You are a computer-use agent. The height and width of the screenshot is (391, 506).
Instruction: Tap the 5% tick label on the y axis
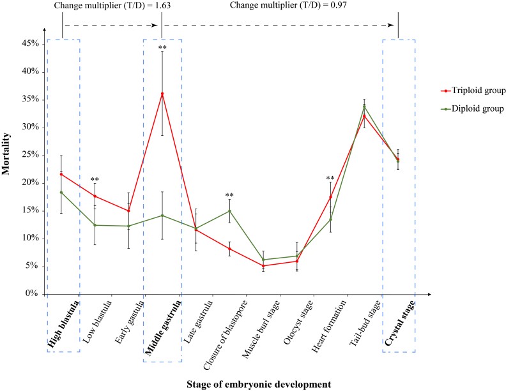pos(32,266)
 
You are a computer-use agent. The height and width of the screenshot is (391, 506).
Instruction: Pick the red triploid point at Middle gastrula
pos(162,94)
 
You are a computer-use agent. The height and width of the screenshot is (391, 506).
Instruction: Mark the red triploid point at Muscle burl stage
pos(263,266)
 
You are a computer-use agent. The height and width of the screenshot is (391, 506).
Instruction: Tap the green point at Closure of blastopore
pos(229,211)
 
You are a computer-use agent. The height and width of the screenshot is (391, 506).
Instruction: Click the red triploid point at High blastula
pos(61,174)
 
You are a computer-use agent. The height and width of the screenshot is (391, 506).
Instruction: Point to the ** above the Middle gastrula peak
pos(162,48)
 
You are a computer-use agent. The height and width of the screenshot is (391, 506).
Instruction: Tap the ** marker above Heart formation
pos(330,179)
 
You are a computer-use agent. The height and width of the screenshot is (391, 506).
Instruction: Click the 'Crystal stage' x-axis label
pos(399,323)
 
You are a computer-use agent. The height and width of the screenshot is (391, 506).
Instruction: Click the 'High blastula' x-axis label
pos(62,325)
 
